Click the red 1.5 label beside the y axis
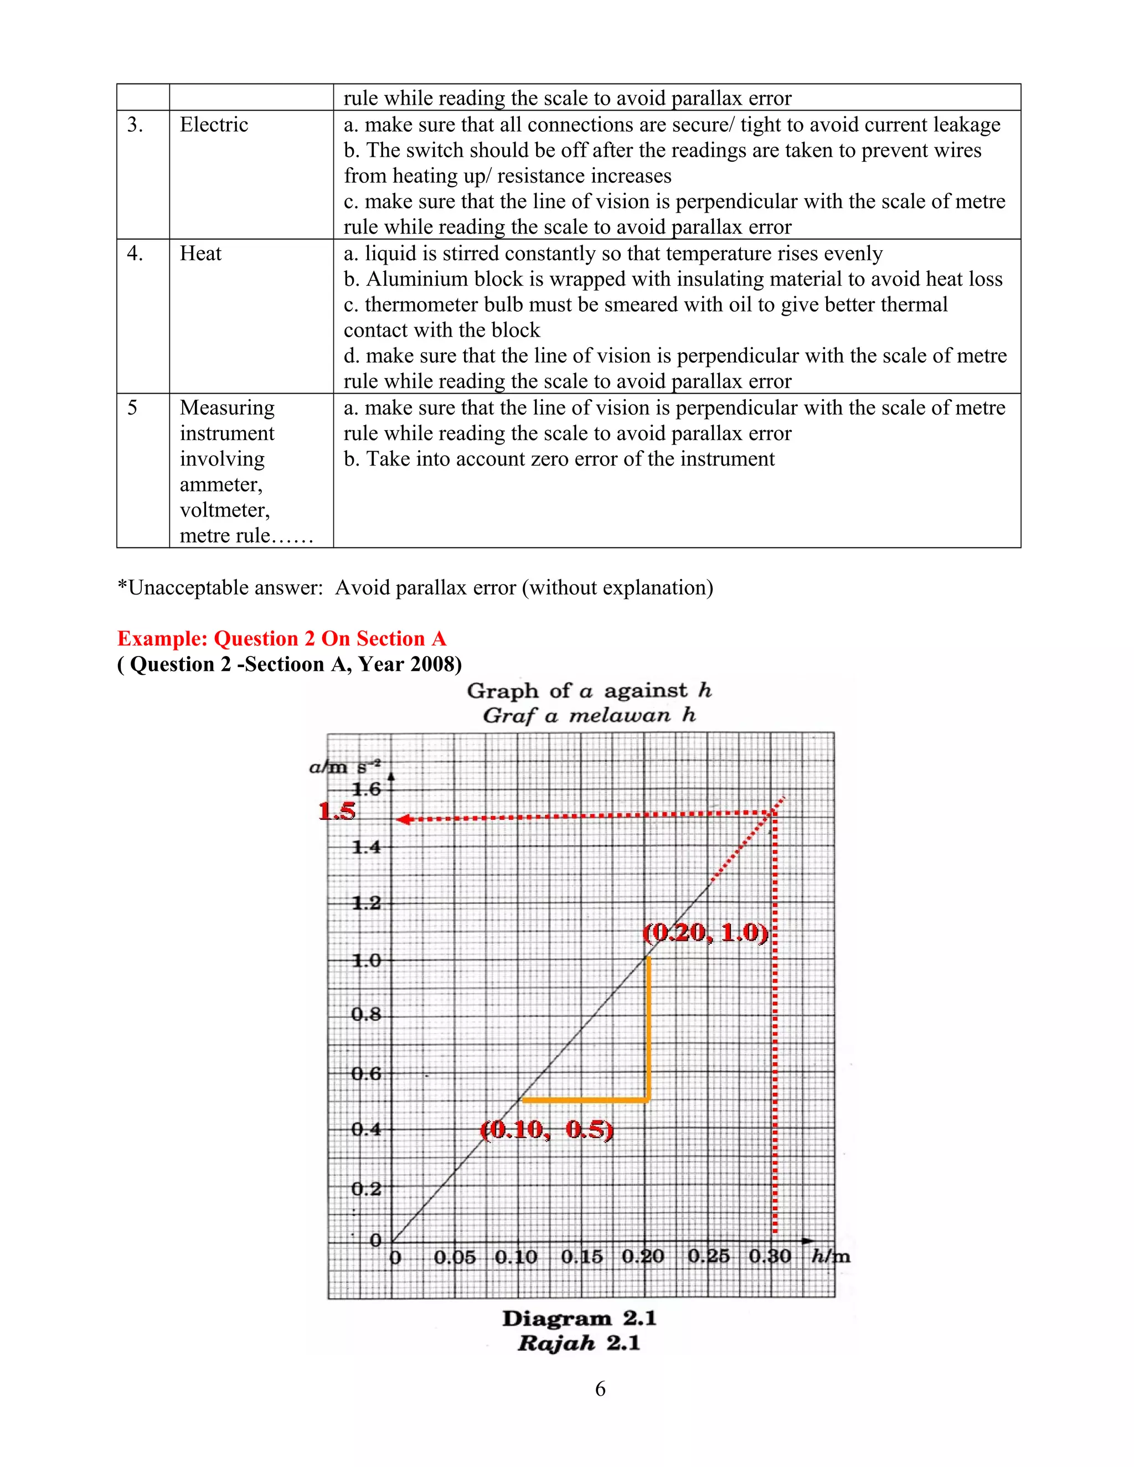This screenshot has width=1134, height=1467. [x=337, y=812]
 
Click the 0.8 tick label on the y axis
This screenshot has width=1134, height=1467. [x=366, y=1014]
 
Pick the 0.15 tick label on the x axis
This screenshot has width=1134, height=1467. [x=582, y=1257]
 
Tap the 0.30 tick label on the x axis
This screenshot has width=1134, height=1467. [x=770, y=1256]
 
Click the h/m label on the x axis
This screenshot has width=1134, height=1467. [x=831, y=1256]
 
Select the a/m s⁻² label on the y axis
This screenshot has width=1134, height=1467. [x=344, y=766]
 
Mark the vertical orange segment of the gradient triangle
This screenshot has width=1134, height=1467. [x=648, y=1029]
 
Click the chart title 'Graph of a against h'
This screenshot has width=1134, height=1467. [x=589, y=690]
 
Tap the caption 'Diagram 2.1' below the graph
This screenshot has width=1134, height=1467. [x=579, y=1319]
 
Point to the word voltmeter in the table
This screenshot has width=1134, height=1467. [x=224, y=510]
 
